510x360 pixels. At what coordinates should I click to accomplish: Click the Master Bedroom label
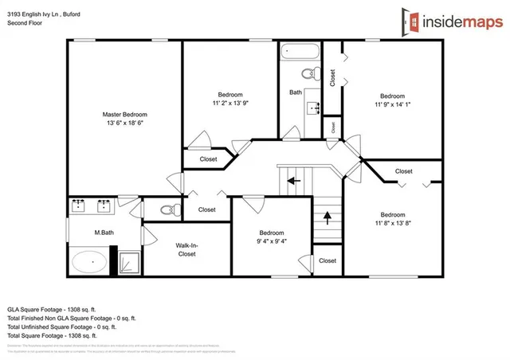tap(124, 114)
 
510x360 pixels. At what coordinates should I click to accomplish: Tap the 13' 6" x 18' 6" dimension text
tap(124, 123)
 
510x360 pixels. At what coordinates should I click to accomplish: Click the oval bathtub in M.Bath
tap(89, 260)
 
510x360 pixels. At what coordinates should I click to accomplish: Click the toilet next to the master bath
tap(167, 210)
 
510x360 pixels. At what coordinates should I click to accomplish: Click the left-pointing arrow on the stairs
tap(294, 180)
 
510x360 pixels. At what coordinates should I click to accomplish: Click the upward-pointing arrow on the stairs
tap(326, 216)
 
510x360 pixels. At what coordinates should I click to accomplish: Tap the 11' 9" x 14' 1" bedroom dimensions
tap(392, 103)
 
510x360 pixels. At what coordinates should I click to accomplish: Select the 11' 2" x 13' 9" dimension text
tap(230, 103)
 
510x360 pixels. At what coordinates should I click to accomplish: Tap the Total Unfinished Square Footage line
tap(61, 326)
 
